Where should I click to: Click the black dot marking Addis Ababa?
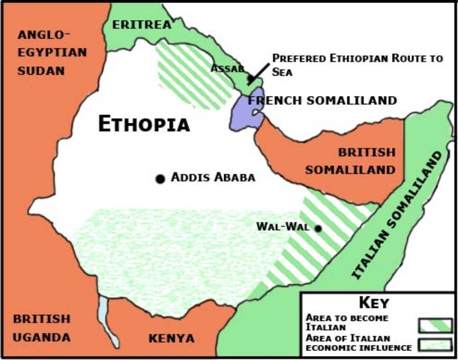(x=160, y=178)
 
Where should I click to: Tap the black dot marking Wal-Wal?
(x=318, y=228)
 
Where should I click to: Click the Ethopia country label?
(x=144, y=124)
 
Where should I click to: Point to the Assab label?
(x=227, y=68)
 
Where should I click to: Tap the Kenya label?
(x=172, y=338)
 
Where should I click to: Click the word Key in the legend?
(x=374, y=304)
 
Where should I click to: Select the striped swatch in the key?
(x=436, y=325)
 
